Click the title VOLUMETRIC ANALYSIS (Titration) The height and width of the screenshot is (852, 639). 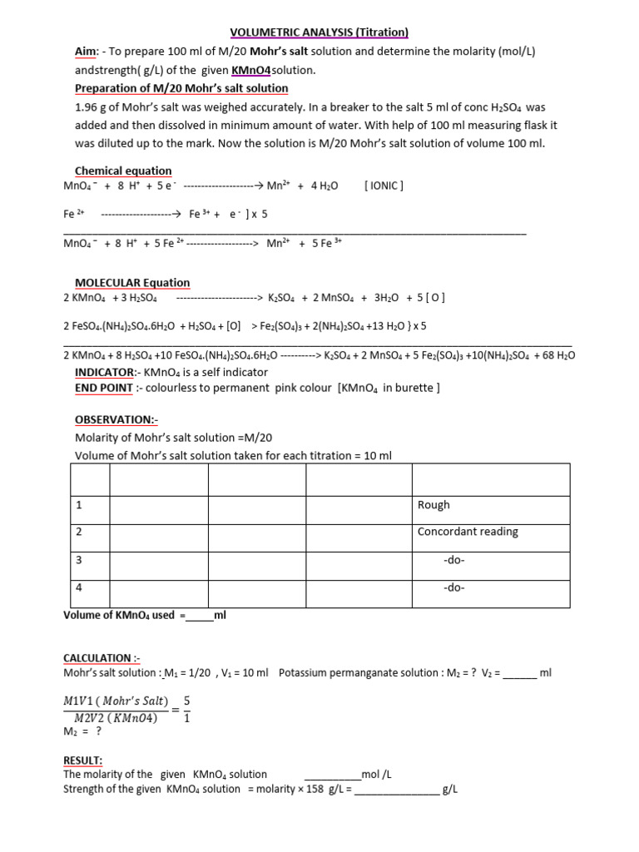pyautogui.click(x=319, y=32)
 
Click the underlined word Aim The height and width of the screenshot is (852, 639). pyautogui.click(x=87, y=52)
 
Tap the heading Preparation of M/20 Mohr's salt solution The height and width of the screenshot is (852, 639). pyautogui.click(x=181, y=88)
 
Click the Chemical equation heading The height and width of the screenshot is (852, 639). pyautogui.click(x=123, y=171)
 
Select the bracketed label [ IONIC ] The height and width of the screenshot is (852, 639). pyautogui.click(x=384, y=186)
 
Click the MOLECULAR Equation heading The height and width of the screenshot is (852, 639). pyautogui.click(x=132, y=282)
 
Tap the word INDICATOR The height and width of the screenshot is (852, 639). pyautogui.click(x=104, y=372)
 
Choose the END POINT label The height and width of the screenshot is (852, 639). pyautogui.click(x=104, y=388)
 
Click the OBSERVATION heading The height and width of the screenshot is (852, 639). pyautogui.click(x=110, y=420)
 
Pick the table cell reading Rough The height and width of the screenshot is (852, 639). pyautogui.click(x=433, y=505)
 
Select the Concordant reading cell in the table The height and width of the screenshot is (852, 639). pyautogui.click(x=468, y=532)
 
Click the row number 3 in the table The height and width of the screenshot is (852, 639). pyautogui.click(x=79, y=560)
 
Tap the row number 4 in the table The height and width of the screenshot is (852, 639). pyautogui.click(x=79, y=587)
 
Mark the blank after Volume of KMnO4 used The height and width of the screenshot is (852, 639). pyautogui.click(x=200, y=617)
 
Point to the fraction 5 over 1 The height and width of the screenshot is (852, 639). pyautogui.click(x=186, y=710)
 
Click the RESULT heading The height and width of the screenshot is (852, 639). pyautogui.click(x=83, y=760)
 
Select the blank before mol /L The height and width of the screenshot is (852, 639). pyautogui.click(x=333, y=775)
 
